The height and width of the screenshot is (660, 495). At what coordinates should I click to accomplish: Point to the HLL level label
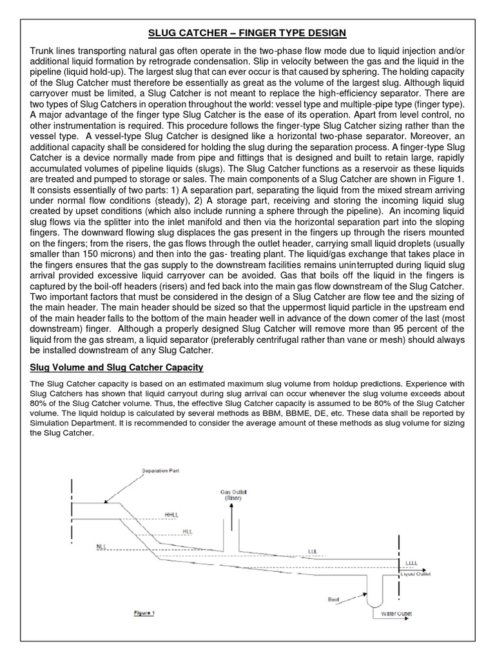coord(188,531)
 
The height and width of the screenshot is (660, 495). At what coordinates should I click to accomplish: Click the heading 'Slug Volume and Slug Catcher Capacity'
coord(119,367)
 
